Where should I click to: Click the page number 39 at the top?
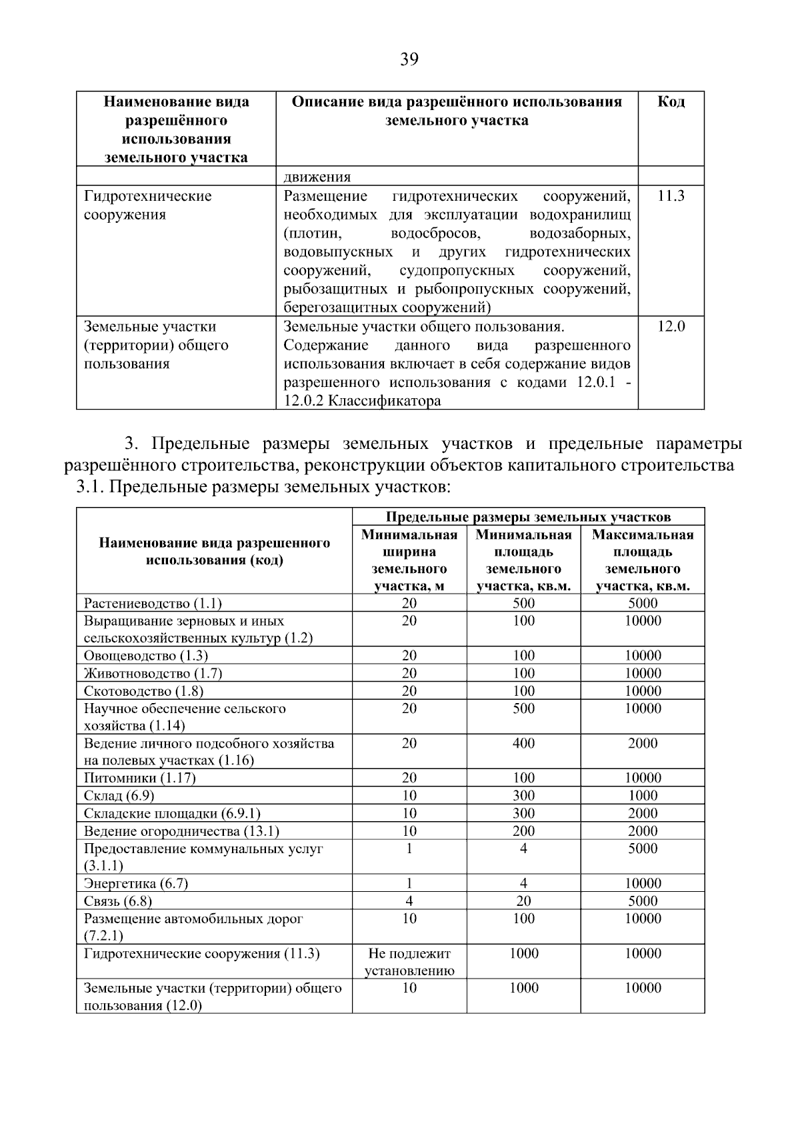point(409,60)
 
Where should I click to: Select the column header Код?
point(671,102)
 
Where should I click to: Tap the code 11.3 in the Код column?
point(671,196)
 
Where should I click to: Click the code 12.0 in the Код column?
point(671,327)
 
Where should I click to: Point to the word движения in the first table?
point(317,177)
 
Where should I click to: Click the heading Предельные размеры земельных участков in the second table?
point(528,517)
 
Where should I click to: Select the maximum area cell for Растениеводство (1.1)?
point(643,604)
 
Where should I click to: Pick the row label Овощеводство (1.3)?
point(146,656)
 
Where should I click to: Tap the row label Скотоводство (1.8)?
point(144,691)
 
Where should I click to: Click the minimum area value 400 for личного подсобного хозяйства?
point(523,744)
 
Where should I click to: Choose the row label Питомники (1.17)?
point(140,778)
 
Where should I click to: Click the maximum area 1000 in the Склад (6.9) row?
point(643,796)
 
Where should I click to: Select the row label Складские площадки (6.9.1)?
point(172,814)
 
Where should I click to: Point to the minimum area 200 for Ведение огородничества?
point(523,831)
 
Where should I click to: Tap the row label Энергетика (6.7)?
point(136,884)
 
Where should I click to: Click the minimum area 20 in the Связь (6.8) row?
point(523,901)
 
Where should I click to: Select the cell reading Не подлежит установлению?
point(409,962)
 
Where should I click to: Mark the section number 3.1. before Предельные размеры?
point(90,488)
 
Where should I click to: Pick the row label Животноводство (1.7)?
point(153,674)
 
